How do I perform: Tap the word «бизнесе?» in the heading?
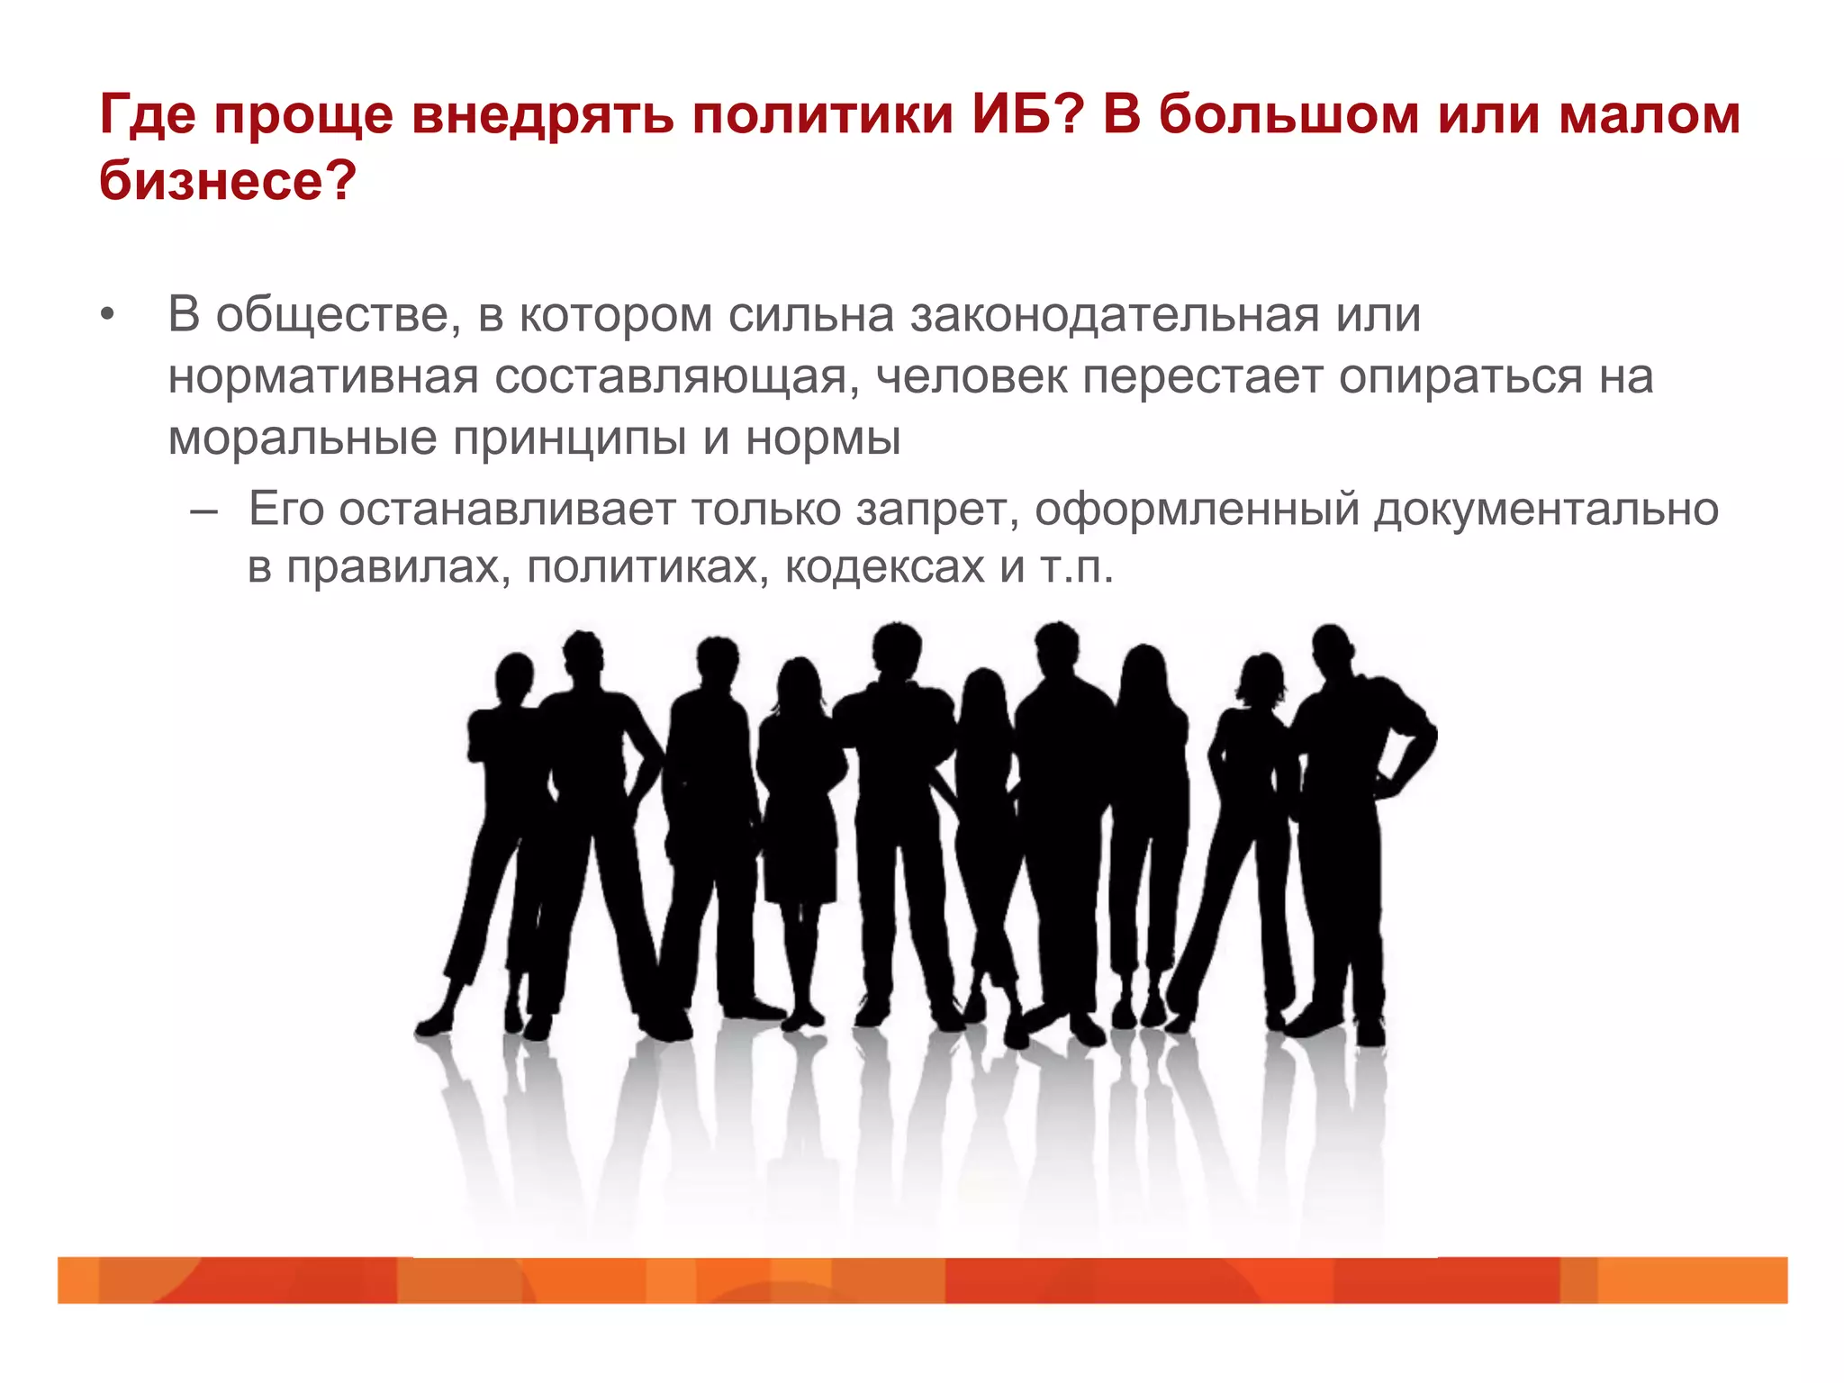228,181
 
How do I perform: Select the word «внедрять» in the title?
543,115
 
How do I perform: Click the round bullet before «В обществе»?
108,316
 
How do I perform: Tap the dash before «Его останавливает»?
204,511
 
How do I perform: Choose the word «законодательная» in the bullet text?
1115,316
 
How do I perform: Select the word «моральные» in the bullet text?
303,439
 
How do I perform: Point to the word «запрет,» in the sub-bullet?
937,511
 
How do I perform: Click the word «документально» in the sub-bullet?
1546,511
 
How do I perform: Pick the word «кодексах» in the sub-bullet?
884,568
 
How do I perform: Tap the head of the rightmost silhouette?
1332,647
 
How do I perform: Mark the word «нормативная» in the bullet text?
323,377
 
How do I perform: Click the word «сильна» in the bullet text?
811,316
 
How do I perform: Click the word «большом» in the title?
1288,115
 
